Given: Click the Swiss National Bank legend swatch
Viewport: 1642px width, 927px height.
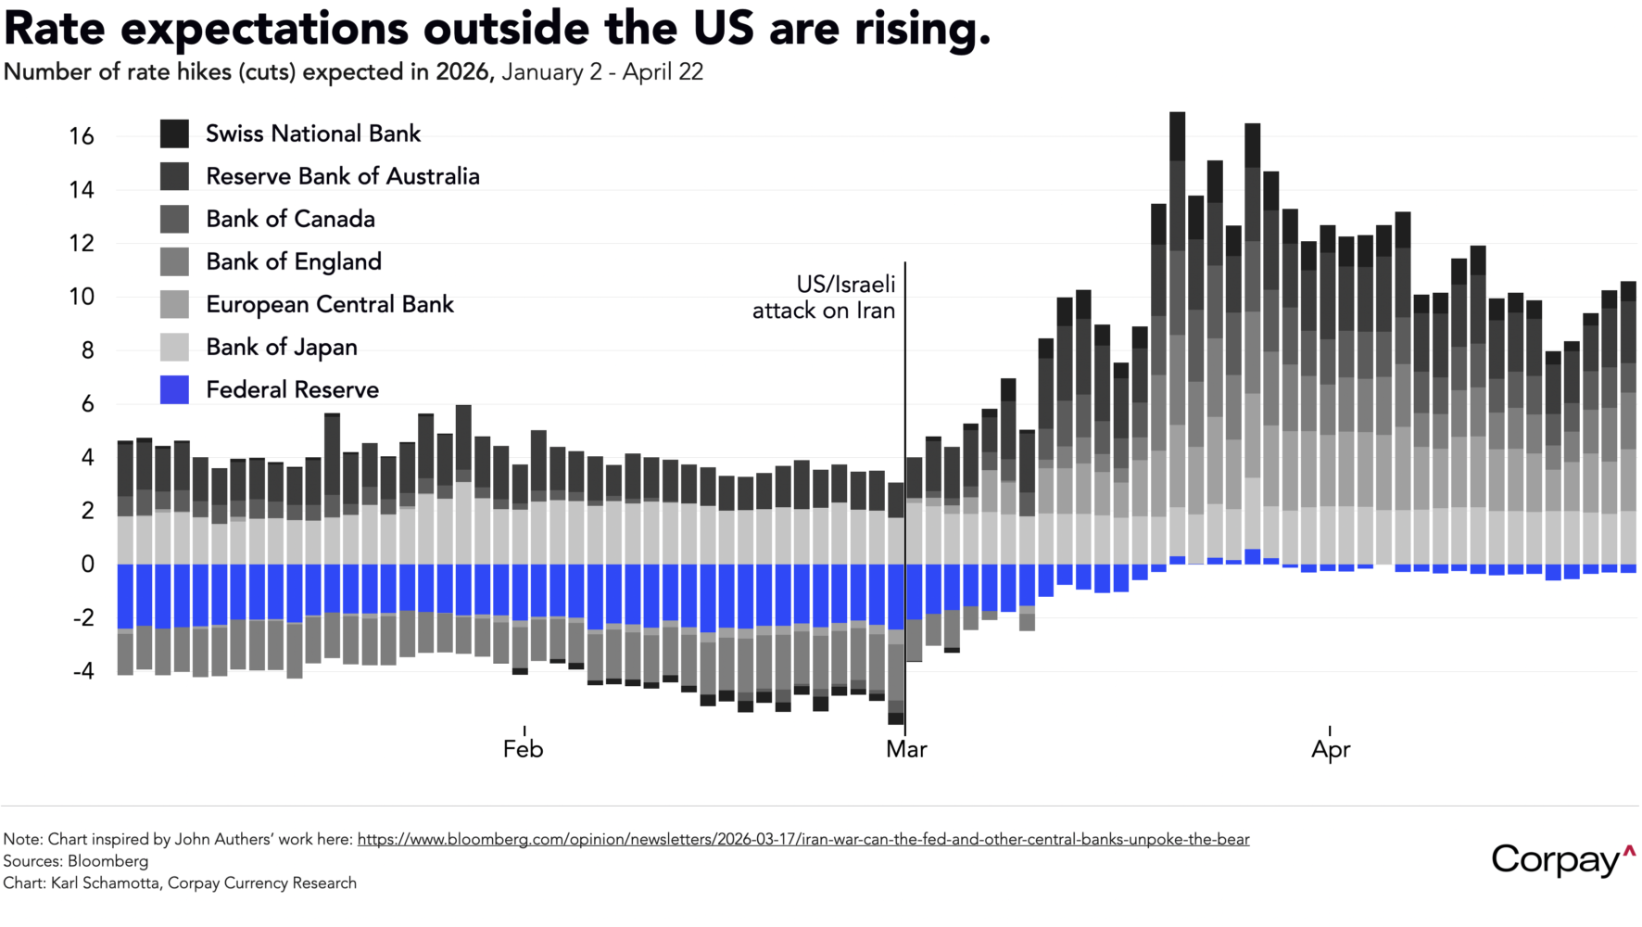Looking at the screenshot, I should point(174,133).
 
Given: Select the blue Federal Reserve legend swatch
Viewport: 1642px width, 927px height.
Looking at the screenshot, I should point(174,389).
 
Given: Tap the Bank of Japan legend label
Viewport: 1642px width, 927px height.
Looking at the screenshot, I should point(281,347).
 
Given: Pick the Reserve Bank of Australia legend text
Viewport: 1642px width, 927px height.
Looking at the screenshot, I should point(342,176).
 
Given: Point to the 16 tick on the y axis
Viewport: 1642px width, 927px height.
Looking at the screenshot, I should point(82,136).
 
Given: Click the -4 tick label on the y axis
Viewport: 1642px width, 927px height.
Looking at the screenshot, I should point(83,670).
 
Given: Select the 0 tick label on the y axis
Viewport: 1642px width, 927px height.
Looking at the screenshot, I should point(88,564).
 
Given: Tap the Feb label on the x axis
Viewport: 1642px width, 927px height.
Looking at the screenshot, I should point(523,749).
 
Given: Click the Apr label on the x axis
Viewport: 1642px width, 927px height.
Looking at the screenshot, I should point(1331,749).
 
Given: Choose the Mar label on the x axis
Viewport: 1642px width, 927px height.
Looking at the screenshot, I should point(905,749).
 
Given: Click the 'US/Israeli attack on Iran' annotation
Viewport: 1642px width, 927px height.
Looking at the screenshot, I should point(824,298).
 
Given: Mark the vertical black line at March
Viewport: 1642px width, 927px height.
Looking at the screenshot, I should point(905,417).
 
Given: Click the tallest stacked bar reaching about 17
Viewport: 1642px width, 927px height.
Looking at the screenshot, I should point(1178,278).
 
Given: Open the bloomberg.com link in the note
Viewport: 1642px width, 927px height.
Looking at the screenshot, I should point(802,839).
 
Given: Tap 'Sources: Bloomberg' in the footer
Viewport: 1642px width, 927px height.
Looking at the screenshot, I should point(76,861).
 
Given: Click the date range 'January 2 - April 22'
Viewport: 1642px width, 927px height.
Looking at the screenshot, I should point(602,72).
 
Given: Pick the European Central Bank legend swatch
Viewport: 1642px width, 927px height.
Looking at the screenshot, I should point(174,304).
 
